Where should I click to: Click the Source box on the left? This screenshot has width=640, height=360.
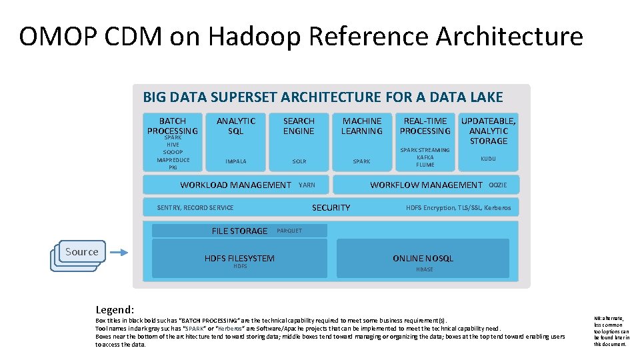click(81, 252)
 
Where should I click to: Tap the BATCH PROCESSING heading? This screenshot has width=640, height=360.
click(173, 126)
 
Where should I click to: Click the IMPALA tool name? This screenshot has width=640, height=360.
click(235, 161)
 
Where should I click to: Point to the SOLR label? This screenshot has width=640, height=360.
click(299, 161)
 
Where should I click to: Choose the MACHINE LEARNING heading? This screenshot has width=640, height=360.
click(361, 126)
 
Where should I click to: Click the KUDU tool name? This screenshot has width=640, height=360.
click(488, 159)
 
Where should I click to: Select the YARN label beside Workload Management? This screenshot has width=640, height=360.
click(307, 185)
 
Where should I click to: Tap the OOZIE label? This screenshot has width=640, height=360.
click(498, 185)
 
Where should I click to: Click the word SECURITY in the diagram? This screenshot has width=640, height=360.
click(331, 208)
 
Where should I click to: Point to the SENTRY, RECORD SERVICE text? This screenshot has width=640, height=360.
click(195, 208)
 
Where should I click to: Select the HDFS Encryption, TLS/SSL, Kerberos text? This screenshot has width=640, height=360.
click(458, 208)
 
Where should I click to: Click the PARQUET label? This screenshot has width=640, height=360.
click(289, 231)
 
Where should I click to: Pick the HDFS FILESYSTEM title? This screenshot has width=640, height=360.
click(239, 258)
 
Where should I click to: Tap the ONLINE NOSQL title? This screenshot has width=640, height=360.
click(423, 258)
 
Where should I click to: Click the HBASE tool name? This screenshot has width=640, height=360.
click(424, 269)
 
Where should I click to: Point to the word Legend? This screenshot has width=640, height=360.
click(115, 310)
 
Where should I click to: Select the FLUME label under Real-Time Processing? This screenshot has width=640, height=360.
click(425, 165)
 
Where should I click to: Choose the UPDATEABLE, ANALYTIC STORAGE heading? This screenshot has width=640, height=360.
click(488, 131)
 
